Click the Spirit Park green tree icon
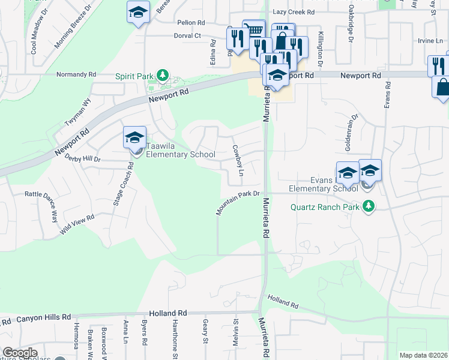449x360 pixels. coord(161,74)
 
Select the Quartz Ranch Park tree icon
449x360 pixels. coord(368,207)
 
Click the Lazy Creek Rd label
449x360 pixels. coord(294,12)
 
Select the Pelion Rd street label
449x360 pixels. coord(191,23)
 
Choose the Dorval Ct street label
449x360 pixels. coord(188,36)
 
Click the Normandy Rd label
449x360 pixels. coord(76,75)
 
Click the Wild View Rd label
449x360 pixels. coord(77,226)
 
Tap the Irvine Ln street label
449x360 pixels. coord(427,41)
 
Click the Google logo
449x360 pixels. coord(20,353)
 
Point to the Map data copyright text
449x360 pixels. coord(424,355)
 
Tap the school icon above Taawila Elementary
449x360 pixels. coord(134,137)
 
